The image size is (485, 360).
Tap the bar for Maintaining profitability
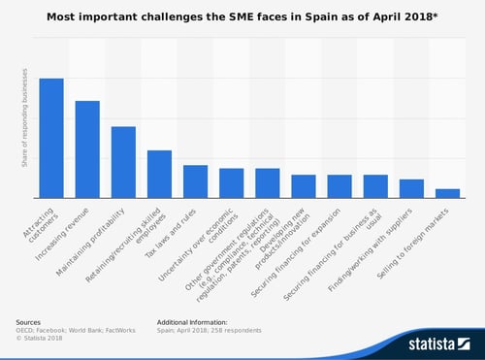[123, 162]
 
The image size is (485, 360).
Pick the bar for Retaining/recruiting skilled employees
[159, 174]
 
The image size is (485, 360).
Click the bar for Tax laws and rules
[195, 181]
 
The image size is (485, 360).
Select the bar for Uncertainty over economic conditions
[231, 182]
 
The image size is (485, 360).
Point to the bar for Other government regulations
[267, 182]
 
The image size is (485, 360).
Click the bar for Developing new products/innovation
[303, 186]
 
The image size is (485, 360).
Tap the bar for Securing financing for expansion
[339, 186]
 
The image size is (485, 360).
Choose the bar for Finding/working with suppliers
[411, 188]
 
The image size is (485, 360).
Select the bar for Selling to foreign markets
[447, 193]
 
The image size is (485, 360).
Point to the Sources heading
[29, 320]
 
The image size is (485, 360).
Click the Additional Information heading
[192, 320]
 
